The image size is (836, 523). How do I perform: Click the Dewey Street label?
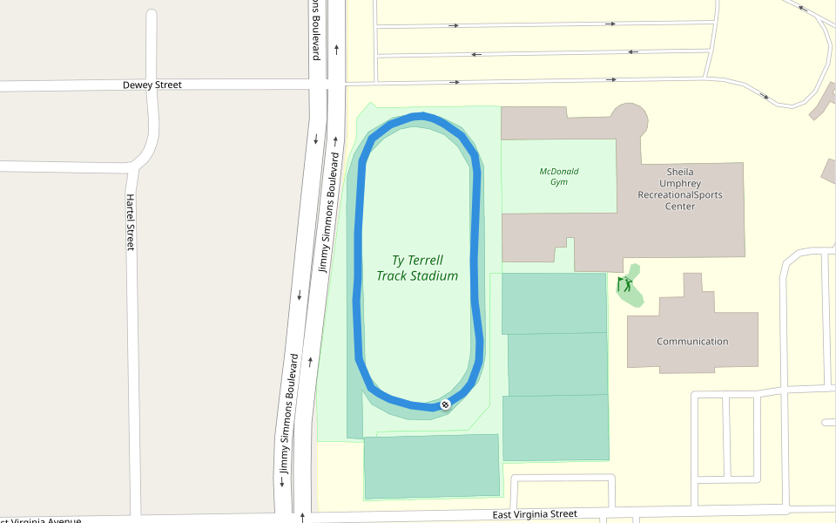click(152, 85)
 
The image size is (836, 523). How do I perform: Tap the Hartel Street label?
click(131, 222)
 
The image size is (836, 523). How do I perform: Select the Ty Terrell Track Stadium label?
click(417, 268)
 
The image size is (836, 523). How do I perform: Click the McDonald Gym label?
click(559, 177)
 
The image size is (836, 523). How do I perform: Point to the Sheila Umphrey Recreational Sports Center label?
click(680, 189)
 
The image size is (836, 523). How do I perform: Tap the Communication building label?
click(692, 342)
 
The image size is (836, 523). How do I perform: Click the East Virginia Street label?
click(535, 514)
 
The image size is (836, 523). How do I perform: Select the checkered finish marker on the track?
click(445, 404)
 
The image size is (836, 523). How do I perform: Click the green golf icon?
click(624, 284)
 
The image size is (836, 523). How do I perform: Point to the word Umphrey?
click(680, 184)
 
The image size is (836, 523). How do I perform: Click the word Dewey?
click(138, 85)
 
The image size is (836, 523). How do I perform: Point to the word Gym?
click(559, 182)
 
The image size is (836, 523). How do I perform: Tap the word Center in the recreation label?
click(680, 207)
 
